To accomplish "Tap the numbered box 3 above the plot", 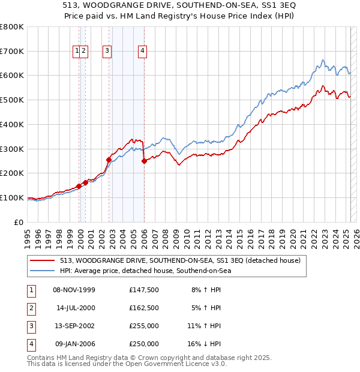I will (x=107, y=52).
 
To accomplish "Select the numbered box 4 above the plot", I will (x=142, y=52).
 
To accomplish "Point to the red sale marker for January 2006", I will (x=144, y=161).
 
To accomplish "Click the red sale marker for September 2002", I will (x=109, y=160).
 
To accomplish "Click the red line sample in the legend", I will (x=43, y=260).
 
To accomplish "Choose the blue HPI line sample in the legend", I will (x=43, y=271).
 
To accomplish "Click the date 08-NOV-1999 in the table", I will (x=74, y=290).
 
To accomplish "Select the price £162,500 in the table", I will (x=144, y=307).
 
